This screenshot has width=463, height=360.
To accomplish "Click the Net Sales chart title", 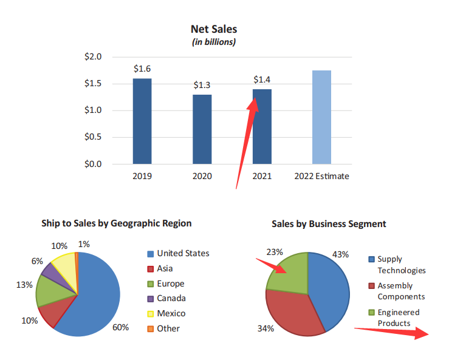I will point(214,29).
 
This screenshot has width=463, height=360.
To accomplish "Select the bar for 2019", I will point(142,121).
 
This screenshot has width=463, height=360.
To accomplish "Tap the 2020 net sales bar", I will point(202,129).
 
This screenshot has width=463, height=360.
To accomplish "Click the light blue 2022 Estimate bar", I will point(321,117).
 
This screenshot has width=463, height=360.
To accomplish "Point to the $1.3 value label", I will point(202,85).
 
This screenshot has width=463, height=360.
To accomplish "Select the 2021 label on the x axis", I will point(262,176).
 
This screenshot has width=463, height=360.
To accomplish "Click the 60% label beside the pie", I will point(120,327).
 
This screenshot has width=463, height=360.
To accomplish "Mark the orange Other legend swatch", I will point(150,328).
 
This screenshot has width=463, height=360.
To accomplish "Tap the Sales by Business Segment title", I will point(328,224).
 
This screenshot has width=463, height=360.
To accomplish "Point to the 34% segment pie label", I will point(266,328).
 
